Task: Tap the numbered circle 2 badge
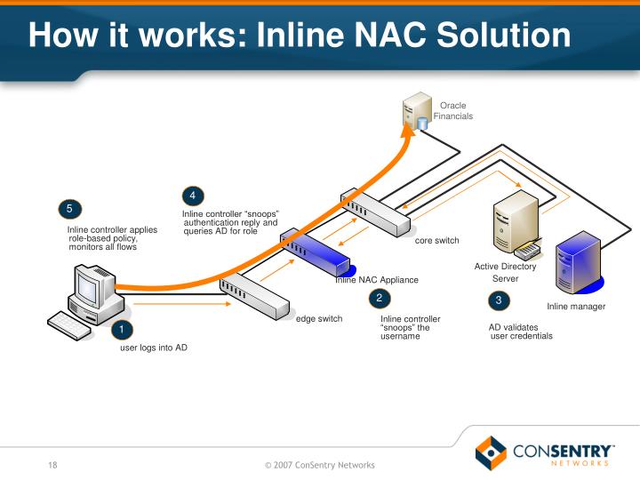click(x=379, y=298)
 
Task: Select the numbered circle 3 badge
click(x=499, y=300)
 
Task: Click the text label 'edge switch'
click(x=319, y=318)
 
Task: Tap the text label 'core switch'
click(x=437, y=241)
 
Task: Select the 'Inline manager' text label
click(x=576, y=307)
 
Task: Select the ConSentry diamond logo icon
click(x=491, y=452)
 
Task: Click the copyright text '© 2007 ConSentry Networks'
click(x=320, y=465)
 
